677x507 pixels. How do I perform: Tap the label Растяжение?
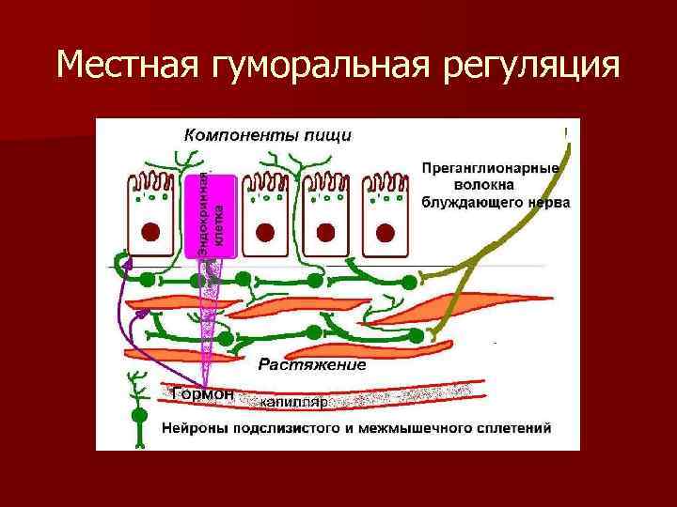coord(311,364)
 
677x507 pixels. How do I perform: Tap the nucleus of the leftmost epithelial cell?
coord(151,231)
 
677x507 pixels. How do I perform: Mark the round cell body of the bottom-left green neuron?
coord(140,414)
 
